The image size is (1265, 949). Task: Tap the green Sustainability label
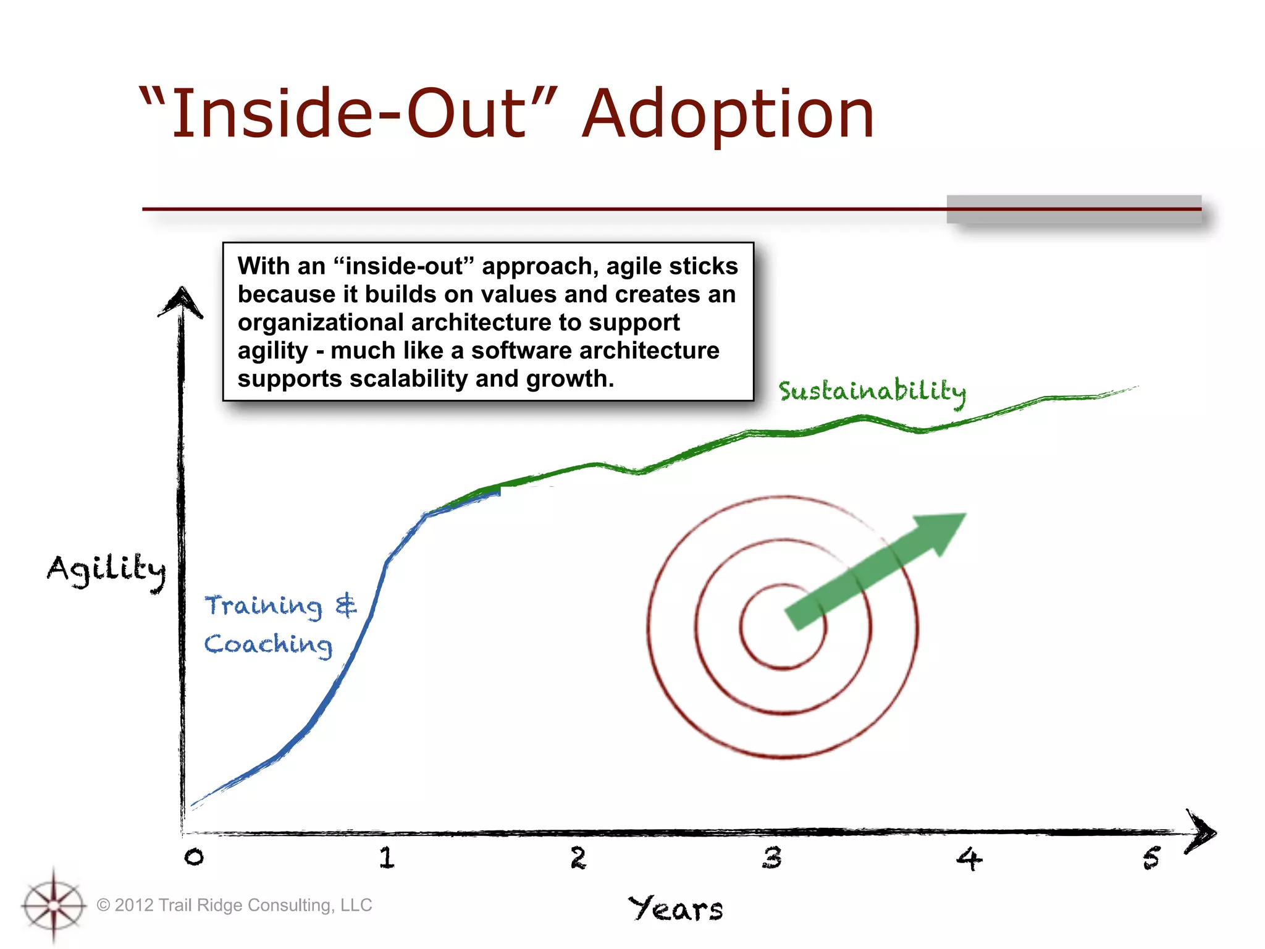[872, 392]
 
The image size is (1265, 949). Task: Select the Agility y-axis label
[106, 569]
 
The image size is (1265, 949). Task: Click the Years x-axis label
[676, 909]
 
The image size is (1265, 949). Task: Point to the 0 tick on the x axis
[194, 857]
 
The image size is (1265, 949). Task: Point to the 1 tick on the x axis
[387, 858]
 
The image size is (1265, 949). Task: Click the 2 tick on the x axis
[578, 858]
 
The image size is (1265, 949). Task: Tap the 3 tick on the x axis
[771, 858]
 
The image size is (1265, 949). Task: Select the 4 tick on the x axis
[969, 858]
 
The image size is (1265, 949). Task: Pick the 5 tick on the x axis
[1151, 858]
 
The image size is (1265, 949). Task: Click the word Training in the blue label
[263, 605]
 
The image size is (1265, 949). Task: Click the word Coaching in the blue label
[268, 644]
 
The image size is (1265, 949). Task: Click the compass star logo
[54, 905]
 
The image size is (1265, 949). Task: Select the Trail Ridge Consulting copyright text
[235, 905]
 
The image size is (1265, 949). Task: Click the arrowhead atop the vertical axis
[181, 302]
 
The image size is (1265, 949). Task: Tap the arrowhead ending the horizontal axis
[1201, 832]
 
